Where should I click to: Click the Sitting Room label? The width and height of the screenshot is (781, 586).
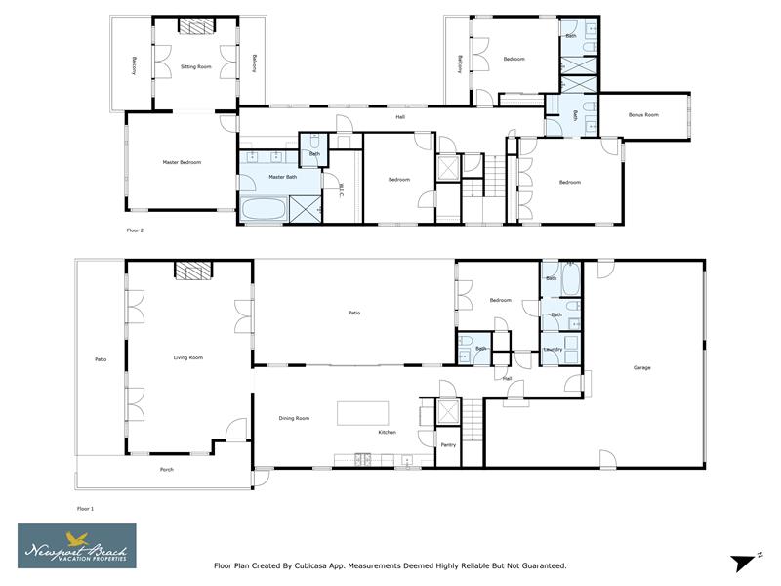pyautogui.click(x=196, y=66)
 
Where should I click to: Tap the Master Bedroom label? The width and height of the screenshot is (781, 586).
pyautogui.click(x=182, y=162)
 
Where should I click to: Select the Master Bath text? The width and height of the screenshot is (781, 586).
pyautogui.click(x=282, y=177)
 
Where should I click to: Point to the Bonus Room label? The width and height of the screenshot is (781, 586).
pyautogui.click(x=643, y=115)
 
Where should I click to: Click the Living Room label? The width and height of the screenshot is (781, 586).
pyautogui.click(x=188, y=358)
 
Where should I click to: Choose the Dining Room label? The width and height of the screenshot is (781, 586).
pyautogui.click(x=294, y=418)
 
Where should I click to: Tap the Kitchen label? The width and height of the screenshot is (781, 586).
pyautogui.click(x=388, y=432)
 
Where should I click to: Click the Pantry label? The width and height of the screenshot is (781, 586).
pyautogui.click(x=448, y=445)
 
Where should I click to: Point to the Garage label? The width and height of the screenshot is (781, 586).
pyautogui.click(x=641, y=367)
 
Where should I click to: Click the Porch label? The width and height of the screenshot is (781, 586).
pyautogui.click(x=167, y=470)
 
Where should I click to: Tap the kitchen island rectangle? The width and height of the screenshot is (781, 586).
pyautogui.click(x=362, y=413)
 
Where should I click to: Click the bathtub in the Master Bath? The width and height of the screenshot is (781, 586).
pyautogui.click(x=264, y=209)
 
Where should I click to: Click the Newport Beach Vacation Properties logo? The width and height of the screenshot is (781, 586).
pyautogui.click(x=77, y=545)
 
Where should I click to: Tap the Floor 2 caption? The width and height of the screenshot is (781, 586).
pyautogui.click(x=136, y=230)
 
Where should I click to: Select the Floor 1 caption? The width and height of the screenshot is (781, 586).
pyautogui.click(x=86, y=509)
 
